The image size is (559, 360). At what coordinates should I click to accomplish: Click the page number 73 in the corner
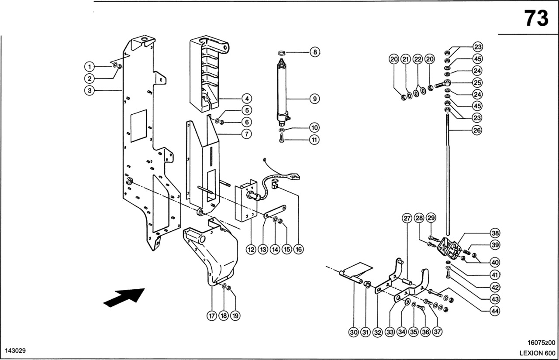click(x=536, y=18)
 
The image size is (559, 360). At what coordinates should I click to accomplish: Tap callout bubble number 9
click(x=314, y=99)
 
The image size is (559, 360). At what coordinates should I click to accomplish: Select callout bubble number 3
click(x=89, y=91)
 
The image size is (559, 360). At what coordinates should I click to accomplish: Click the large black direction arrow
click(x=124, y=298)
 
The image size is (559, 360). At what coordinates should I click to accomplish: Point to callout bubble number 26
click(x=477, y=130)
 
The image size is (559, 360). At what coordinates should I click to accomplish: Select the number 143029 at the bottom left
click(x=15, y=351)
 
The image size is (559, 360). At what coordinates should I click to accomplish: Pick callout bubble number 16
click(x=298, y=249)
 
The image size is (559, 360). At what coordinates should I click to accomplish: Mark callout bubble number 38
click(x=495, y=233)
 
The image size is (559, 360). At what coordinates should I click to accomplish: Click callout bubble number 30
click(x=354, y=333)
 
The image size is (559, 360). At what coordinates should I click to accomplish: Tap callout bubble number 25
click(x=477, y=82)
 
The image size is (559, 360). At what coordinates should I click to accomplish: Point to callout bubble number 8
click(x=314, y=52)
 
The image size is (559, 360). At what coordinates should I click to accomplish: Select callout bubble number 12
click(x=251, y=249)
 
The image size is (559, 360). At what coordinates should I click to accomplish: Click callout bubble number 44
click(x=495, y=311)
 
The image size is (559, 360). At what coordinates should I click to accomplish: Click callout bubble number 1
click(x=89, y=67)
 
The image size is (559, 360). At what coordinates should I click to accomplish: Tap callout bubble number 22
click(x=418, y=59)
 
